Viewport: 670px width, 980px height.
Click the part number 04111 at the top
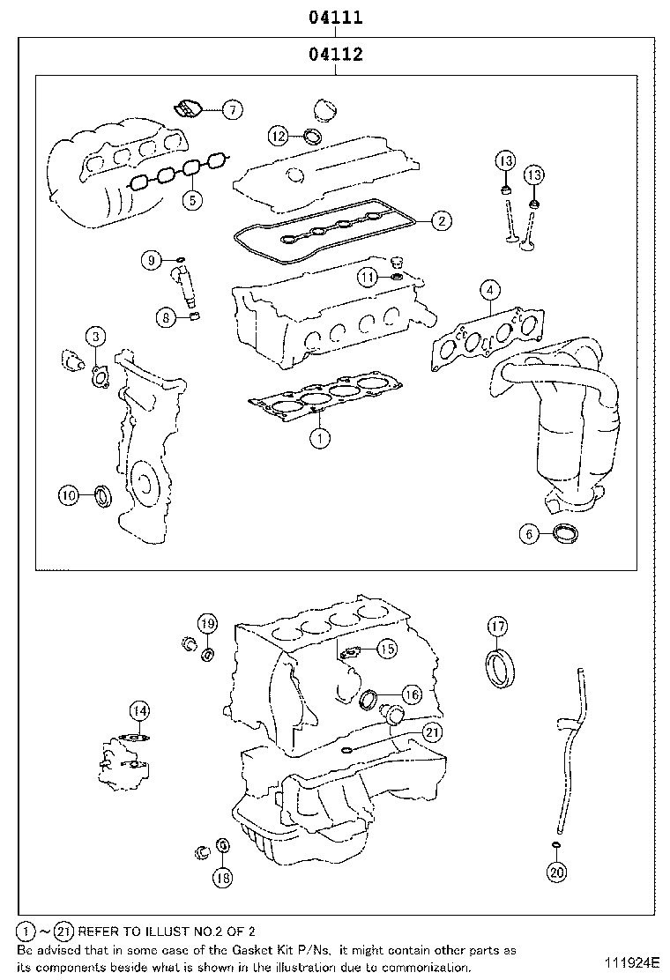tap(336, 17)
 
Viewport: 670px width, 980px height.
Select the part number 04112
tap(336, 55)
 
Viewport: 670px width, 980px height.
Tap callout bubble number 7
tap(230, 109)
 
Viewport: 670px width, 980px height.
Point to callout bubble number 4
tap(491, 288)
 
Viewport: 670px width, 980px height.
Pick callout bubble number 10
tap(70, 495)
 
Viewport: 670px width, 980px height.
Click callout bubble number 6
tap(529, 533)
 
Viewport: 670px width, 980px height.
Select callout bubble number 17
tap(498, 627)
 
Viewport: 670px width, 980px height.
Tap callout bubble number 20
tap(555, 872)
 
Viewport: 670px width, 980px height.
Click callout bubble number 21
tap(431, 731)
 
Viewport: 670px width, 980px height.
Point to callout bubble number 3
tap(96, 335)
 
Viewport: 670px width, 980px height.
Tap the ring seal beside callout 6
tap(564, 531)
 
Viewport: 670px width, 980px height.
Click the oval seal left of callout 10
tap(102, 496)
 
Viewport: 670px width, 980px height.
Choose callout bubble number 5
tap(192, 199)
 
